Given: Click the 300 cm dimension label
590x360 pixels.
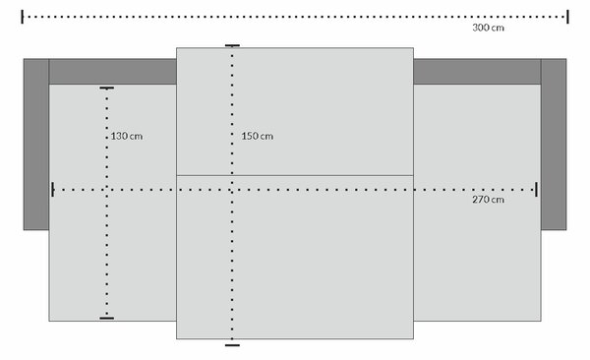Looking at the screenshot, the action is point(488,28).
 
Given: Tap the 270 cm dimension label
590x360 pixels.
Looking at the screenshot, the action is point(488,200).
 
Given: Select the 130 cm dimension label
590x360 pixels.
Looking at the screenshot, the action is point(127,136).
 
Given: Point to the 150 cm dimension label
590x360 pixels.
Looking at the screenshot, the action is point(258,136).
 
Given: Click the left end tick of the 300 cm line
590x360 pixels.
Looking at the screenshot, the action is point(23,17).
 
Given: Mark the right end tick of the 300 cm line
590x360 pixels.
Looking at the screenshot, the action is point(567,17).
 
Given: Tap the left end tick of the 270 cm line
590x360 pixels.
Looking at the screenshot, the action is point(53,190).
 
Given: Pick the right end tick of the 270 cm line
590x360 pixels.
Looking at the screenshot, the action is point(536,190).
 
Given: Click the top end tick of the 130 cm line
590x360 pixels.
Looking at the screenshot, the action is point(107,89).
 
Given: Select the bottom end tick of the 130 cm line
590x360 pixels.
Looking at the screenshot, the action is point(107,319).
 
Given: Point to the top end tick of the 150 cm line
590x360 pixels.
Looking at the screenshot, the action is point(232,45).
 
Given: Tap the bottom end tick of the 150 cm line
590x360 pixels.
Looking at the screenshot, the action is point(232,345).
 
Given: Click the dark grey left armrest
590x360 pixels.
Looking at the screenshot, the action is point(36,145).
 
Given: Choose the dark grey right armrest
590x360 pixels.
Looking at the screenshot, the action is point(554,145).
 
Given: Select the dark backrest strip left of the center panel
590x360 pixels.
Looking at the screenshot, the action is point(112,71).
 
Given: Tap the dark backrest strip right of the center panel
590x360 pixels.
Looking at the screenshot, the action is point(477,71).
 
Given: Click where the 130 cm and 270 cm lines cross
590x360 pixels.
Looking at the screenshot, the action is point(107,190).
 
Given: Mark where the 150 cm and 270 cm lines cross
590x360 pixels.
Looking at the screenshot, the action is point(232,190).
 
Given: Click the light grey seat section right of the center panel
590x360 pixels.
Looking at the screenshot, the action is point(477,203).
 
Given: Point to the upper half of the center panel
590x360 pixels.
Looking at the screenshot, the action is point(295,111).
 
